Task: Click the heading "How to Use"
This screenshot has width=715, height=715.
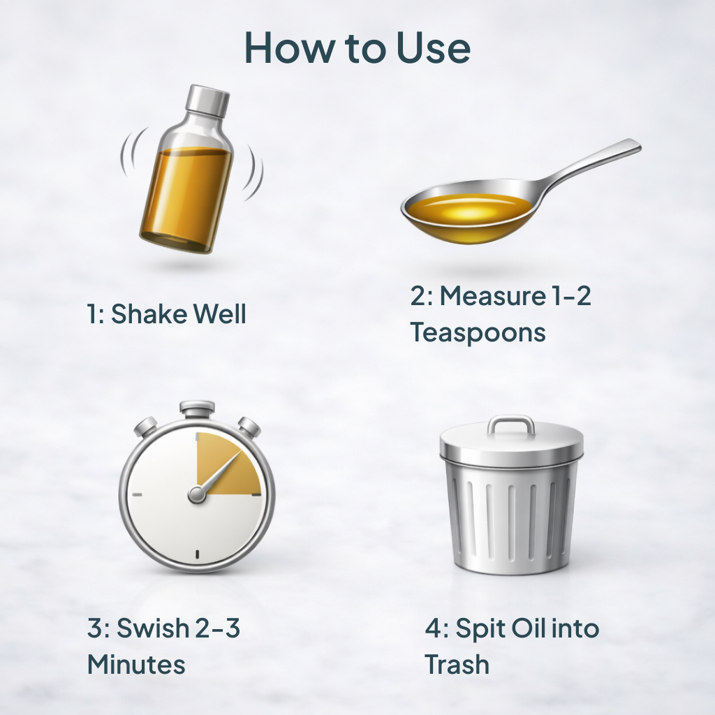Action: coord(357,47)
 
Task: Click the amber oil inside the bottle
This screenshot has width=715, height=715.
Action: coord(184,196)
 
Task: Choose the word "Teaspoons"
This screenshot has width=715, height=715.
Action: coord(478,332)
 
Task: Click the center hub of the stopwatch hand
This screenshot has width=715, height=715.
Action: coord(197,494)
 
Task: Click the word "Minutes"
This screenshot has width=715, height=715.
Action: coord(136,664)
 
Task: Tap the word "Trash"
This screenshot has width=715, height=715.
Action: coord(457,664)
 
